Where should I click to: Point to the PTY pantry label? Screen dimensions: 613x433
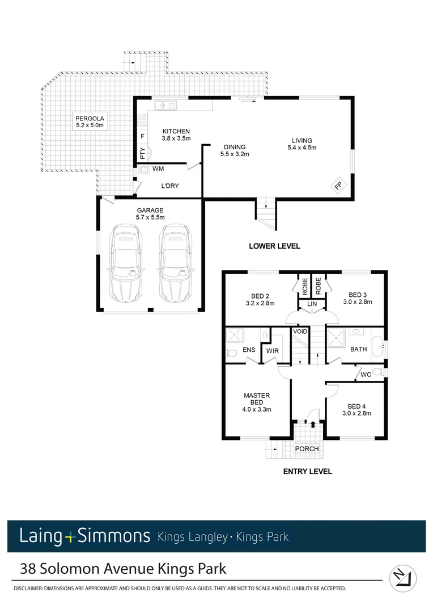[x=142, y=153]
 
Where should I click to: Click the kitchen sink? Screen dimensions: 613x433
[x=165, y=104]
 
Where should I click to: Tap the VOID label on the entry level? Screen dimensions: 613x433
[x=300, y=331]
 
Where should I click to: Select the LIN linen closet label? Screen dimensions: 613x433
[x=312, y=305]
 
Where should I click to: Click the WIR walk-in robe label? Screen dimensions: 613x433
[x=273, y=350]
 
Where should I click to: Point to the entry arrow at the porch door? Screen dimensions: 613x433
[x=312, y=424]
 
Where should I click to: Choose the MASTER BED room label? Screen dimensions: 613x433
[x=257, y=399]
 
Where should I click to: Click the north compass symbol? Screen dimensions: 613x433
[x=403, y=579]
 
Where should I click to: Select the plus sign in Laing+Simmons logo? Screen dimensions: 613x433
[x=69, y=536]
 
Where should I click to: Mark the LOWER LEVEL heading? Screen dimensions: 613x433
[x=274, y=246]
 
